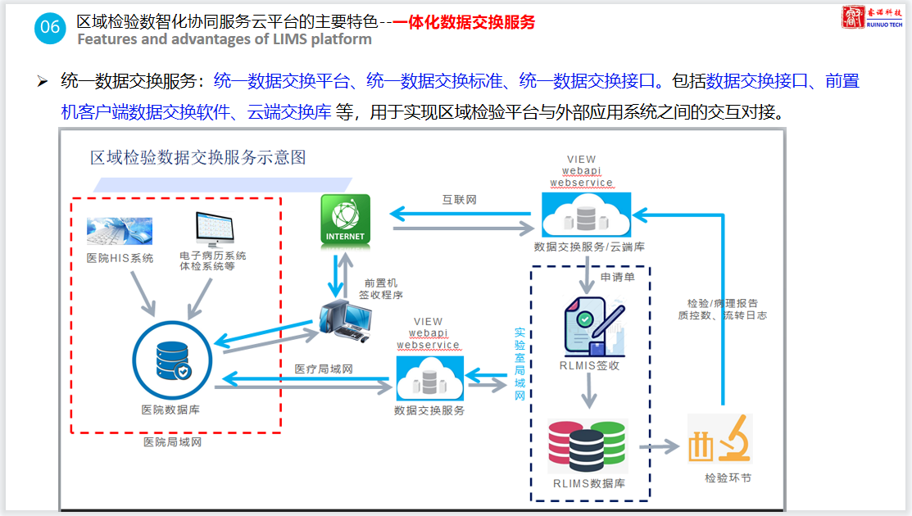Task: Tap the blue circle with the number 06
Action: pos(50,27)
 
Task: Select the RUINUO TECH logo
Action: pos(873,18)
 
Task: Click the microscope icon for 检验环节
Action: pos(720,440)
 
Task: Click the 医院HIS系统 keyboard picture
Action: pos(120,232)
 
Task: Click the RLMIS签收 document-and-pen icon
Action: pos(594,326)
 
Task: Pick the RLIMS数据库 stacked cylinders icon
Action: pos(586,446)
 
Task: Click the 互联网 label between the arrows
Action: pos(460,199)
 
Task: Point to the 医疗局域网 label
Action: pos(324,369)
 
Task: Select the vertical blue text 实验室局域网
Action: pos(520,364)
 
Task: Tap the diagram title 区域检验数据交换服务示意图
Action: pos(198,157)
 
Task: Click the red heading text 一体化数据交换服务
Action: pos(464,22)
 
